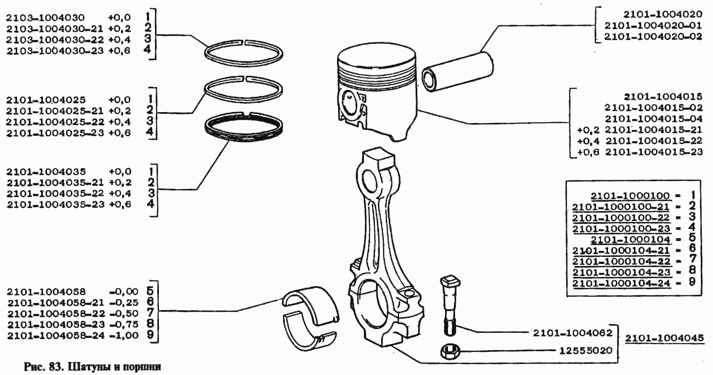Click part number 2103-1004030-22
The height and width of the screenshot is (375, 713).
click(x=55, y=40)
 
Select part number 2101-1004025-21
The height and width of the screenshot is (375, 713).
click(x=54, y=111)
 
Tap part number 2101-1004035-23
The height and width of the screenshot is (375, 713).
click(x=56, y=205)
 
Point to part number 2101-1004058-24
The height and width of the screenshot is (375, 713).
click(x=56, y=335)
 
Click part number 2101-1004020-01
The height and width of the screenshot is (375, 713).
click(x=653, y=25)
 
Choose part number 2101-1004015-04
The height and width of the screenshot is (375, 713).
click(x=654, y=119)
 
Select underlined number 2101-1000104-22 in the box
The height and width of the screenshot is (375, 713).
click(x=621, y=261)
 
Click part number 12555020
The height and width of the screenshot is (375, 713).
click(x=586, y=350)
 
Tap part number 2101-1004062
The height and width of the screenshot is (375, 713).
click(x=573, y=333)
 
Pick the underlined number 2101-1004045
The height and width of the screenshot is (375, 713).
click(x=665, y=338)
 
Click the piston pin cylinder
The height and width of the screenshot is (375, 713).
click(x=457, y=72)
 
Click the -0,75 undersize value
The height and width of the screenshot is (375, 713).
click(x=124, y=324)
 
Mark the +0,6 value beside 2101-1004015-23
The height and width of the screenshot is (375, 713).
click(x=588, y=152)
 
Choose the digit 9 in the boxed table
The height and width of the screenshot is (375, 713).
click(x=692, y=282)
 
